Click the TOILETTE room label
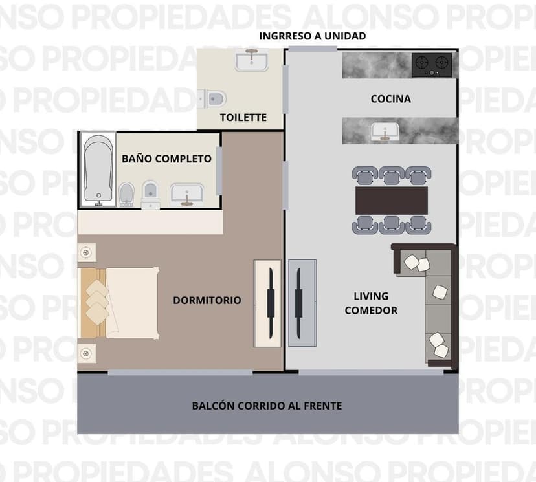pyautogui.click(x=243, y=118)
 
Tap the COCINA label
pyautogui.click(x=391, y=99)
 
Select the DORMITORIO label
pyautogui.click(x=207, y=300)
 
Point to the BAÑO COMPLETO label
pyautogui.click(x=167, y=159)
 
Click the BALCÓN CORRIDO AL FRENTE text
pyautogui.click(x=267, y=406)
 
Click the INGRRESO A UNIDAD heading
pyautogui.click(x=313, y=36)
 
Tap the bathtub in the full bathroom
pyautogui.click(x=98, y=170)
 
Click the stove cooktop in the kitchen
pyautogui.click(x=432, y=65)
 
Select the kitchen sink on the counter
pyautogui.click(x=385, y=131)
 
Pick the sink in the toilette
pyautogui.click(x=252, y=60)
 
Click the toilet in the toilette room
pyautogui.click(x=212, y=99)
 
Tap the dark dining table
pyautogui.click(x=392, y=201)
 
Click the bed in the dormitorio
pyautogui.click(x=118, y=303)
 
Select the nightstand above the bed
pyautogui.click(x=87, y=253)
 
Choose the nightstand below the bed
pyautogui.click(x=87, y=353)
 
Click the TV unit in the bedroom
pyautogui.click(x=267, y=303)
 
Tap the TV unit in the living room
pyautogui.click(x=302, y=303)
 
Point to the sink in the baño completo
pyautogui.click(x=187, y=195)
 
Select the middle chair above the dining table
pyautogui.click(x=392, y=175)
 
